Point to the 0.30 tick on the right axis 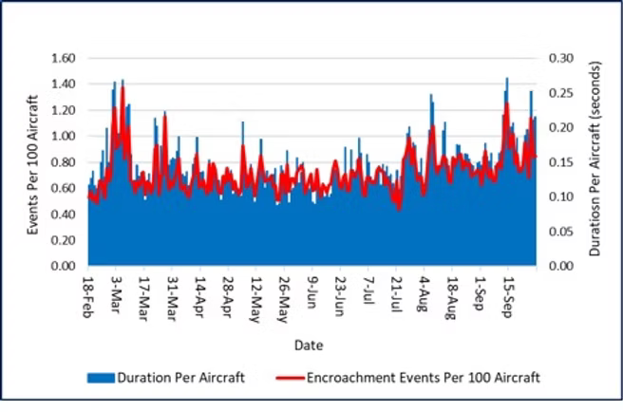[562, 58]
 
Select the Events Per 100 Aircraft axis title [32, 161]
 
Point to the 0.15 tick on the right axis [562, 162]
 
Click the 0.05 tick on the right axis [562, 232]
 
